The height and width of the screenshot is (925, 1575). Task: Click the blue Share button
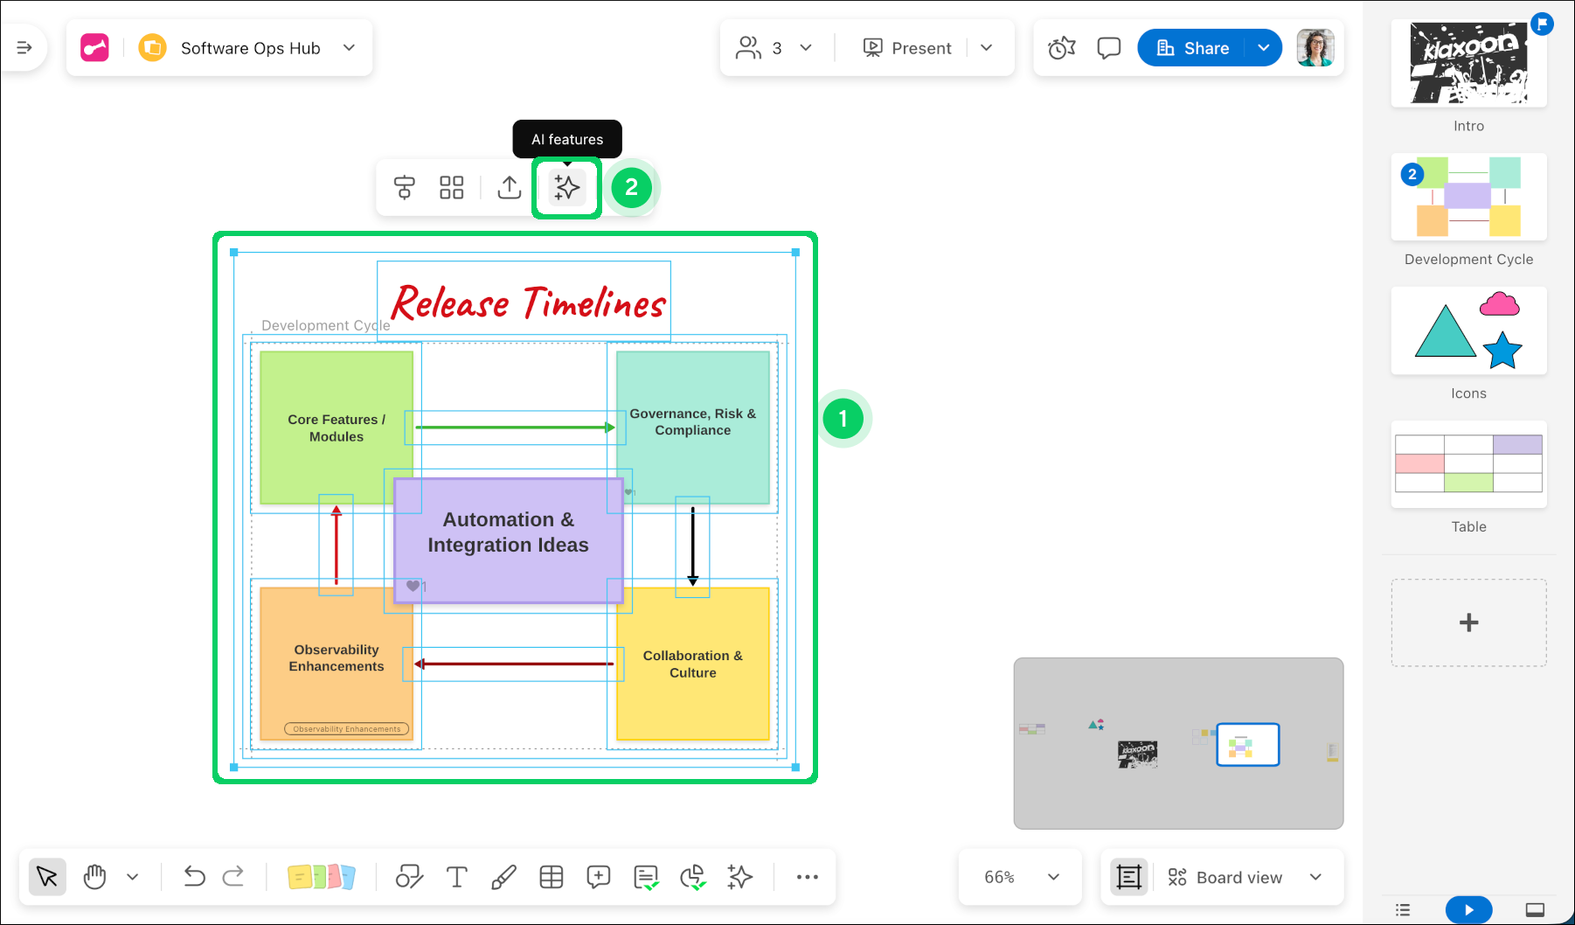point(1193,48)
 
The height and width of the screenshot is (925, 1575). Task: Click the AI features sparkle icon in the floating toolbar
point(566,187)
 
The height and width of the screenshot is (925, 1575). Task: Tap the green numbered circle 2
point(631,187)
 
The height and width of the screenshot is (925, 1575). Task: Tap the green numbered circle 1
point(843,419)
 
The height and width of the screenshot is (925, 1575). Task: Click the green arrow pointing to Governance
point(515,428)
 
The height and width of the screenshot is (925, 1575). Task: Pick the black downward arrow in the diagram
point(692,546)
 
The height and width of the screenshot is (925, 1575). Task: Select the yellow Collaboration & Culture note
point(693,691)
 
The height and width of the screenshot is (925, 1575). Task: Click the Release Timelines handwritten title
point(527,303)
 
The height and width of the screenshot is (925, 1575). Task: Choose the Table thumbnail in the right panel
point(1468,464)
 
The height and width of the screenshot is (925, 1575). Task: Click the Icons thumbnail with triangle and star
point(1468,330)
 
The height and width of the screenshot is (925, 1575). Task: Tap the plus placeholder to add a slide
point(1468,622)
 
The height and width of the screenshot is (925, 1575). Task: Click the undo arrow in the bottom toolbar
point(194,876)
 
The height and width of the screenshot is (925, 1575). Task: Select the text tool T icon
point(456,876)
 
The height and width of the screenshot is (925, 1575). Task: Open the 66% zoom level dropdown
point(1020,877)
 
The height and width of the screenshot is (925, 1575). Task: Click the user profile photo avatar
point(1315,48)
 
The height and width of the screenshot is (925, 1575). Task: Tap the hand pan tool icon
point(94,876)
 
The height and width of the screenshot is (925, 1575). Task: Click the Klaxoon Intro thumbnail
point(1468,64)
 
